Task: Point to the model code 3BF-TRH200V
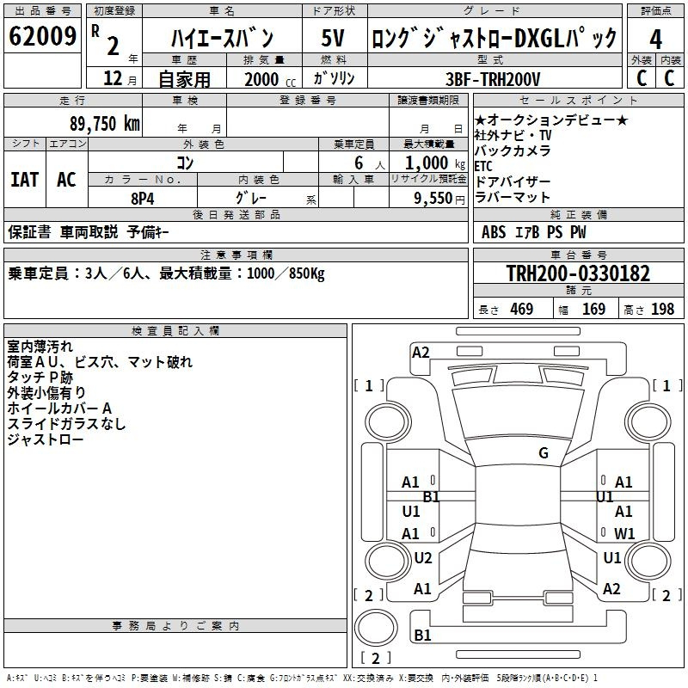pos(493,79)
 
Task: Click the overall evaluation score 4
pos(655,39)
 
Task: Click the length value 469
pos(521,309)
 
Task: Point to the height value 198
pos(662,309)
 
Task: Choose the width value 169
pos(593,309)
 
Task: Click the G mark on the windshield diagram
pos(543,453)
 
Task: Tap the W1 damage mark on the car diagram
pos(624,533)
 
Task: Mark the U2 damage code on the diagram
pos(422,558)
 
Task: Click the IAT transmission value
pos(25,180)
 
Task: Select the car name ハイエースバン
pos(222,39)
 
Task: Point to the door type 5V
pos(333,39)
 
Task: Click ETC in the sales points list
pos(483,166)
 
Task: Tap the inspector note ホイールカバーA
pos(59,408)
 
